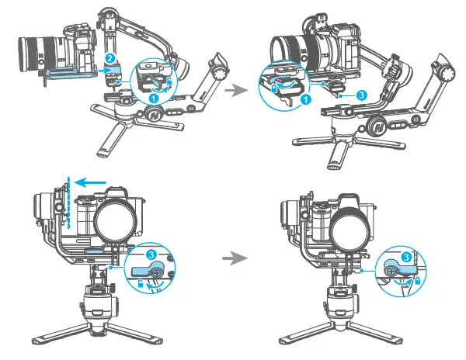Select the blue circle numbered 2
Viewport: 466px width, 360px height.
(x=111, y=58)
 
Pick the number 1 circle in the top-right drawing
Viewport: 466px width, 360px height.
(x=306, y=100)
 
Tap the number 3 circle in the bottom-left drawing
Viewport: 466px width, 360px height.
(x=152, y=254)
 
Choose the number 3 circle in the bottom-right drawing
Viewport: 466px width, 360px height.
(x=406, y=256)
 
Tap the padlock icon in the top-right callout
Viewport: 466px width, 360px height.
(x=278, y=90)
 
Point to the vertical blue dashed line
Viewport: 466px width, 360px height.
(x=69, y=203)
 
